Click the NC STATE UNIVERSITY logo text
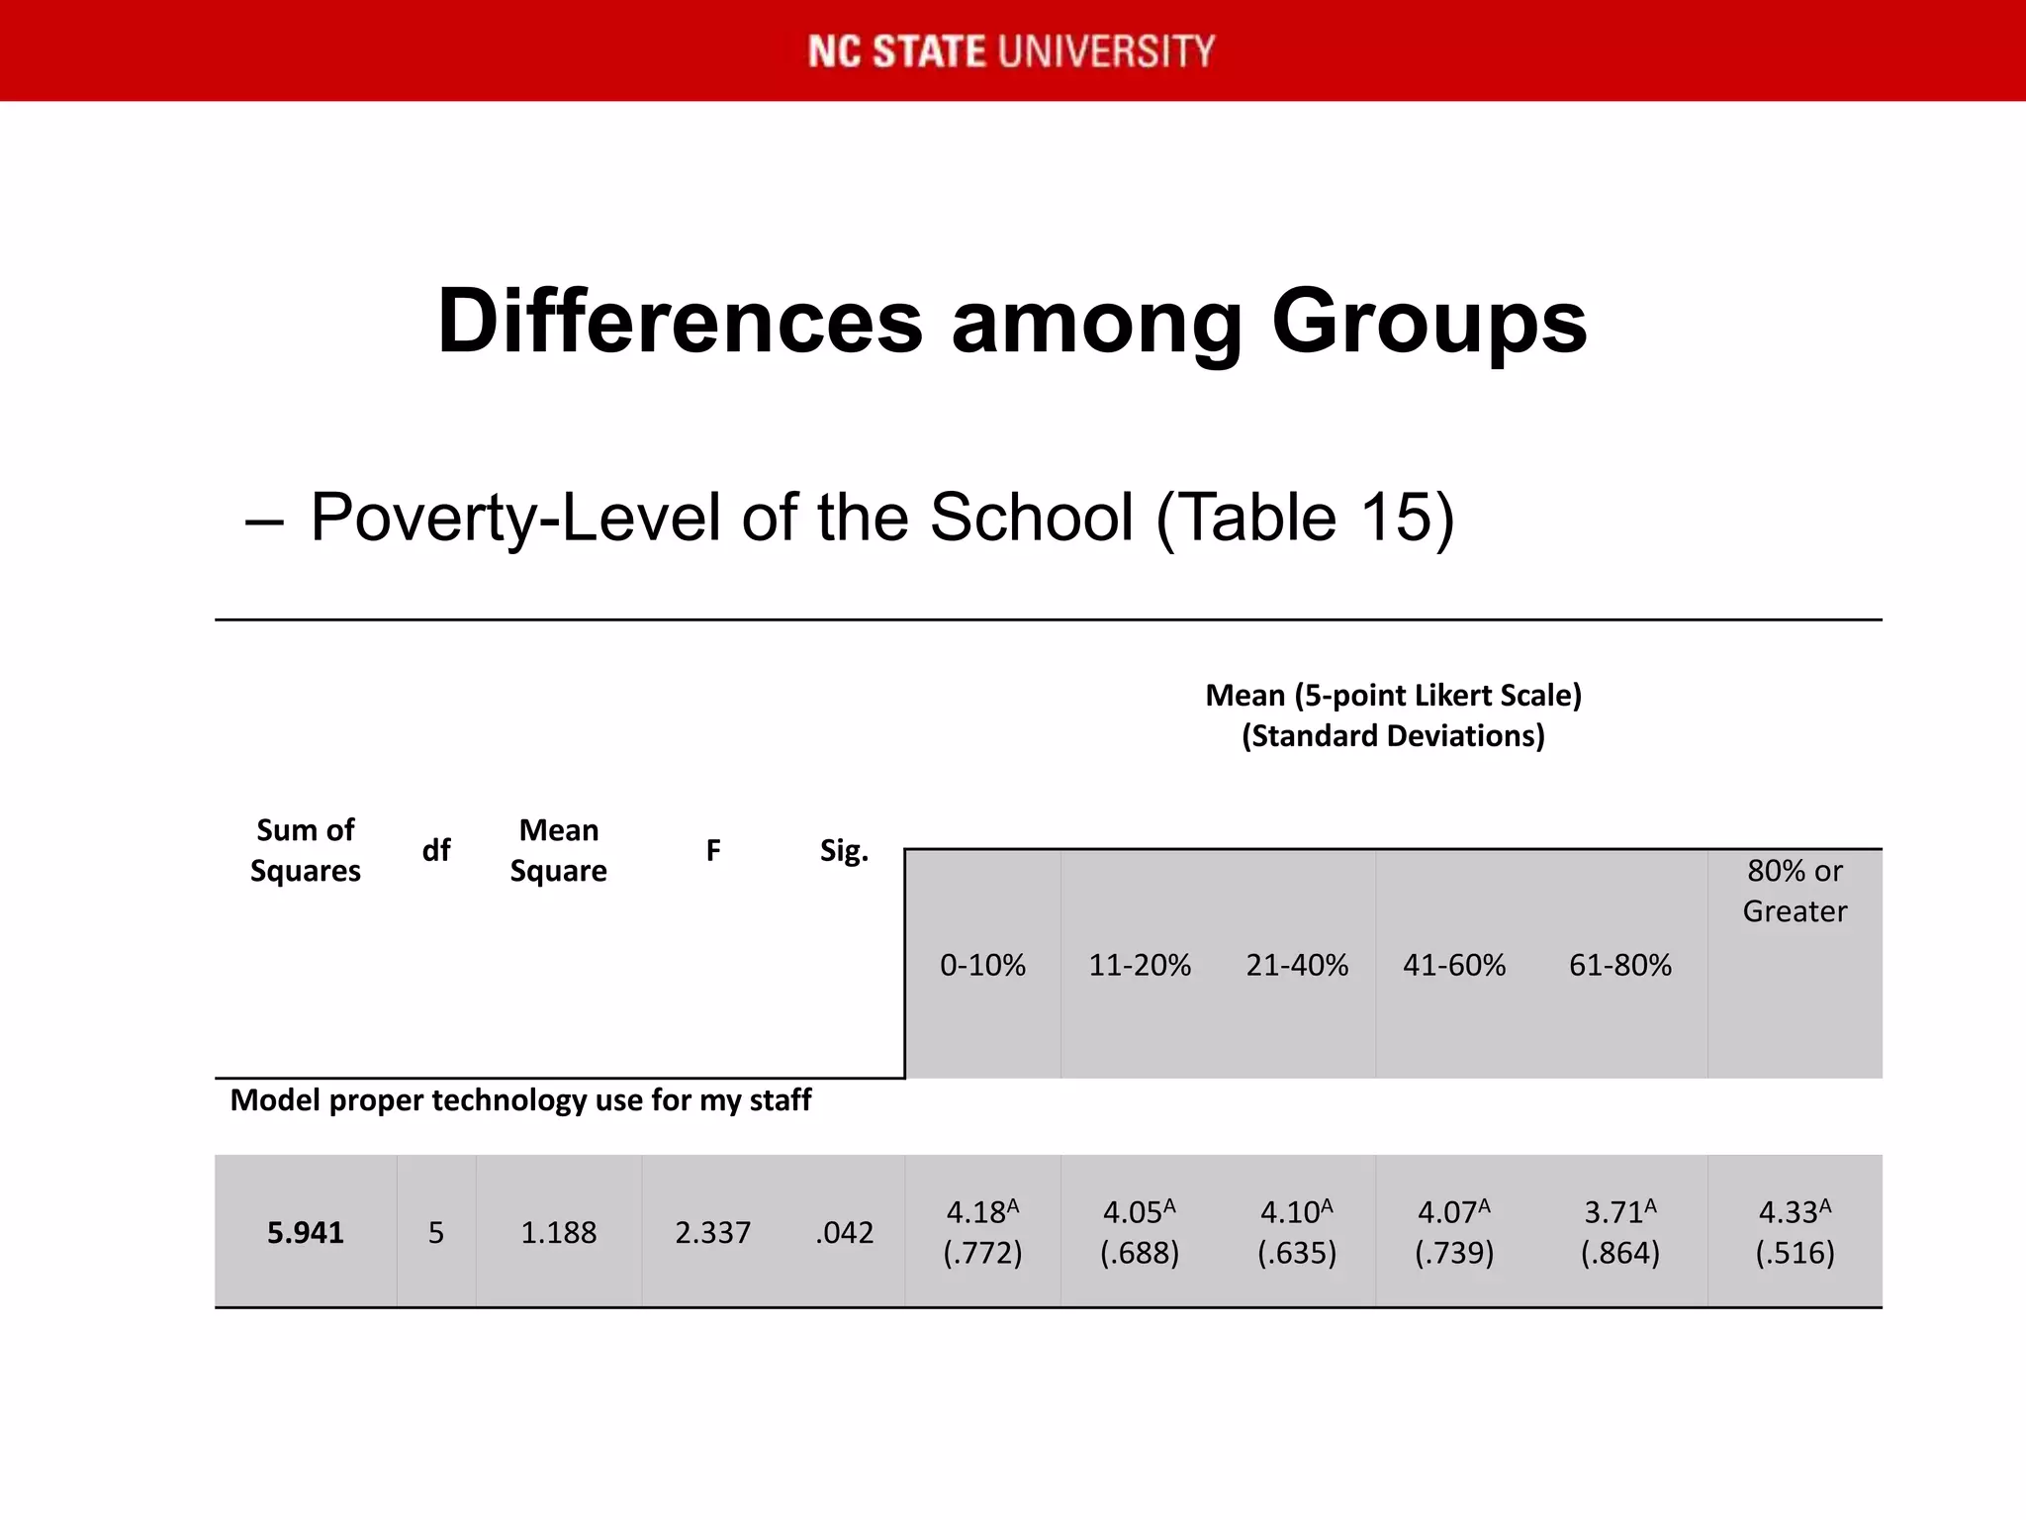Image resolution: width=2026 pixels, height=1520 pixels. [x=1011, y=51]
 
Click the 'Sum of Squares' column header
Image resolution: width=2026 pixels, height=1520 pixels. [x=305, y=850]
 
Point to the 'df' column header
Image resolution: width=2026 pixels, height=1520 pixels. [x=436, y=850]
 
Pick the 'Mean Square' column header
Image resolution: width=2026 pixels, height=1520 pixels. [x=558, y=850]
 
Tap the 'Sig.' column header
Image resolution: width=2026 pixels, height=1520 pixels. [x=844, y=850]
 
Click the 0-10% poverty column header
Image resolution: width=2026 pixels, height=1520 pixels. [x=982, y=965]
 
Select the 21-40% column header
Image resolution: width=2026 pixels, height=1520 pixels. [x=1297, y=965]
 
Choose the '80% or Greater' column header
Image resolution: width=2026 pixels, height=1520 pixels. [x=1795, y=891]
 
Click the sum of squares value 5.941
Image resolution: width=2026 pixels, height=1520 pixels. [x=305, y=1232]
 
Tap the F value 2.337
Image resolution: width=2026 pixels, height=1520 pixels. [x=712, y=1232]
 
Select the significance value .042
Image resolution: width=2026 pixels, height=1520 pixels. [x=845, y=1232]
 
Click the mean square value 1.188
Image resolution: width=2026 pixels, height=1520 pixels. [x=558, y=1232]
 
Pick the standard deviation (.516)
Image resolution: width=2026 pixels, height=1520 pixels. [x=1795, y=1253]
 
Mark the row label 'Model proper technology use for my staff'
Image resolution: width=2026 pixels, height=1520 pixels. [x=520, y=1099]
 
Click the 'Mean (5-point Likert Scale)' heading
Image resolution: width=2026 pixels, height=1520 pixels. [x=1393, y=695]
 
